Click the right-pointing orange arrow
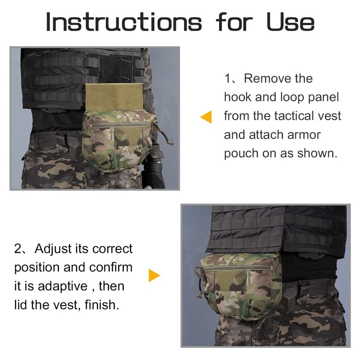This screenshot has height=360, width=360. click(x=154, y=275)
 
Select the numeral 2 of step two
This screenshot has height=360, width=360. click(x=18, y=248)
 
